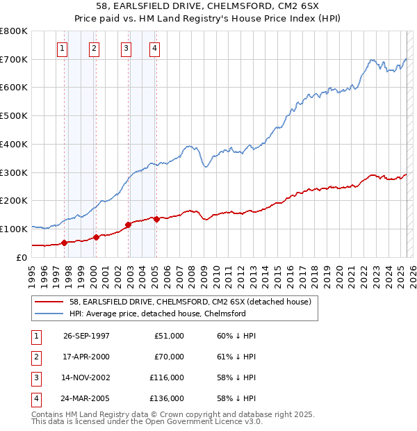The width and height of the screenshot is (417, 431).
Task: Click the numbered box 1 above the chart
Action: point(63,48)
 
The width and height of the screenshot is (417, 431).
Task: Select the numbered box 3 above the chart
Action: point(126,48)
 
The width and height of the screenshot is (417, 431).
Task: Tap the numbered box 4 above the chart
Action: point(154,48)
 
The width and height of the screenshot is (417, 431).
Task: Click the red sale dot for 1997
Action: point(64,243)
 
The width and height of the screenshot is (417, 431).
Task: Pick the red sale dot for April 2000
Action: point(96,237)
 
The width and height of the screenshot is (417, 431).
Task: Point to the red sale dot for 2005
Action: point(156,219)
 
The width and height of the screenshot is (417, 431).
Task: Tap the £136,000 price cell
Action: point(167,398)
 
